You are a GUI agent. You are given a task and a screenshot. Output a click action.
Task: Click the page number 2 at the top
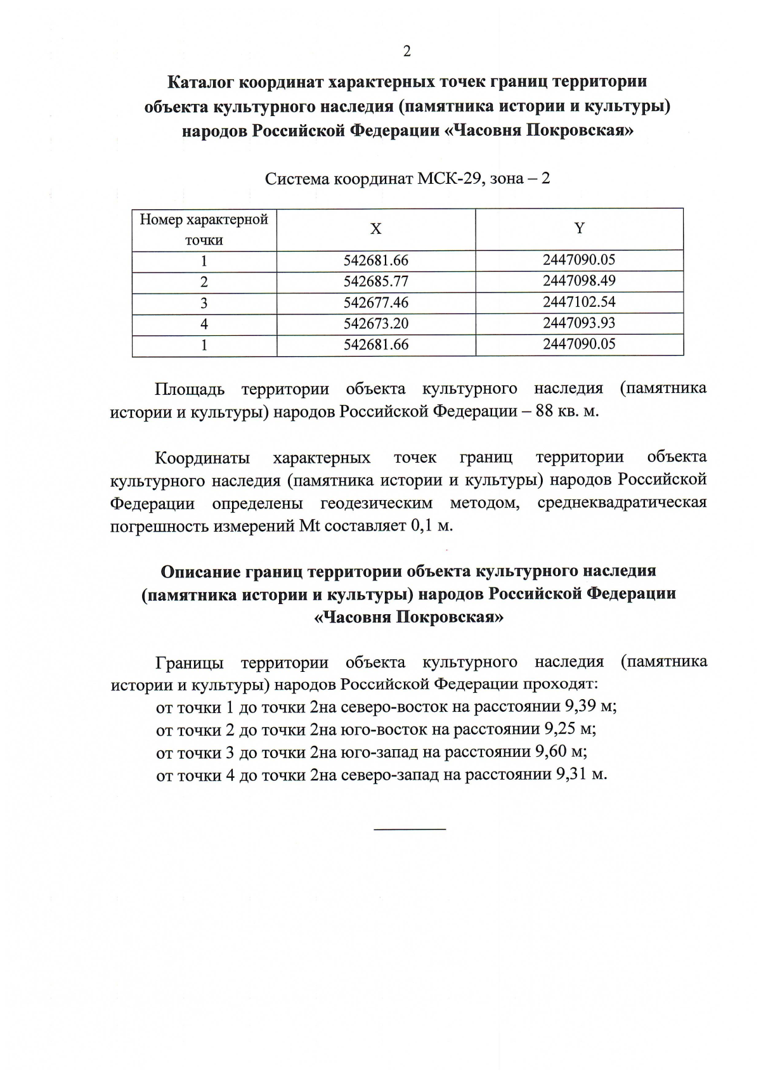pyautogui.click(x=407, y=51)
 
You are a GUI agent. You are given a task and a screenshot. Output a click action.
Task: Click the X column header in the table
pyautogui.click(x=376, y=229)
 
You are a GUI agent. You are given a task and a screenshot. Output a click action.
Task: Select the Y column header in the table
pyautogui.click(x=579, y=228)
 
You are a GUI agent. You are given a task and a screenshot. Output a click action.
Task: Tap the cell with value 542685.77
pyautogui.click(x=376, y=281)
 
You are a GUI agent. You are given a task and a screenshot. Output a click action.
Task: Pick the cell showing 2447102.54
pyautogui.click(x=579, y=302)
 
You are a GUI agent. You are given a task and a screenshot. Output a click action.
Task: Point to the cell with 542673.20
pyautogui.click(x=376, y=324)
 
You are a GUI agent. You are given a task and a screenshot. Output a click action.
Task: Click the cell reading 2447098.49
pyautogui.click(x=579, y=281)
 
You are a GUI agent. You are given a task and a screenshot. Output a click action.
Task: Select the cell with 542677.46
pyautogui.click(x=376, y=302)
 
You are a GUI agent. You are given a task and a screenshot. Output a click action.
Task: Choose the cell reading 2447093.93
pyautogui.click(x=579, y=323)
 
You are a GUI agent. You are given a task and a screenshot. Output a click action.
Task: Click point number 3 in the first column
pyautogui.click(x=204, y=303)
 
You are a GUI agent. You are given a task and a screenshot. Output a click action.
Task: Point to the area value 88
pyautogui.click(x=545, y=411)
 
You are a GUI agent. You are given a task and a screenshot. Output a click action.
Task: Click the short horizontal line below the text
pyautogui.click(x=410, y=828)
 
